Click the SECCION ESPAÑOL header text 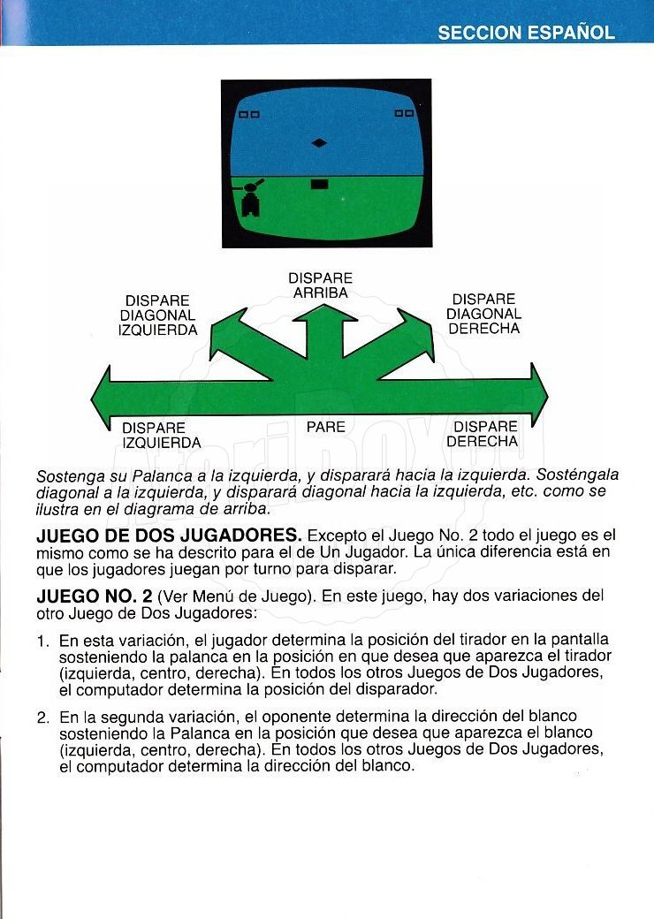(526, 33)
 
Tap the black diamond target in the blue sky (320, 142)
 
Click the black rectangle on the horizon (320, 184)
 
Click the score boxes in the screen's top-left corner (249, 114)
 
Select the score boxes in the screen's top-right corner (404, 113)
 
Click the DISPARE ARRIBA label (320, 285)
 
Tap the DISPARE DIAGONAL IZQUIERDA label (157, 315)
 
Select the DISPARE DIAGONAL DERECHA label (483, 314)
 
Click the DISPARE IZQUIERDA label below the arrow (161, 435)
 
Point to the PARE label (325, 427)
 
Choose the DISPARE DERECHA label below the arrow (483, 434)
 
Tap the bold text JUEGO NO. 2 (93, 596)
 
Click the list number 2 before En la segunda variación (42, 718)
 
